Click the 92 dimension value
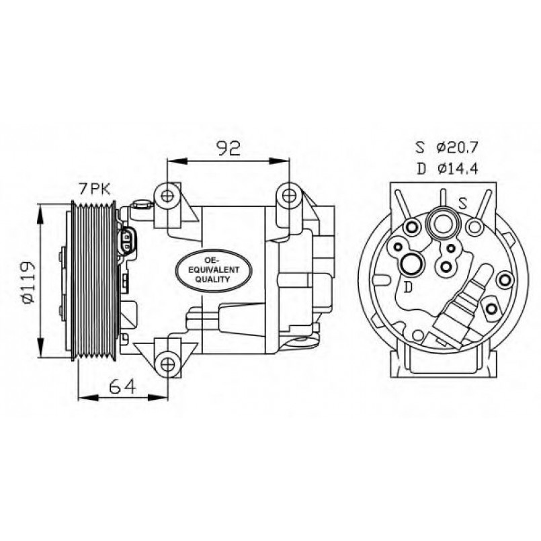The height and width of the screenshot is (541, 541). pos(228,148)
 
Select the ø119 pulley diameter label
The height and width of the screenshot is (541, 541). pos(26,282)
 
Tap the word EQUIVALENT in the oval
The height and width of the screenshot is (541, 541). pos(210,269)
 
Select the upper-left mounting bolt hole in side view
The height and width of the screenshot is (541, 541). pos(167,196)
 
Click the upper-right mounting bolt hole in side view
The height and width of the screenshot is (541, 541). pos(289,196)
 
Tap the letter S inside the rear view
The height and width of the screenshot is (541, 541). pos(463,202)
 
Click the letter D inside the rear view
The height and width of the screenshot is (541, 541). pos(407,287)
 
